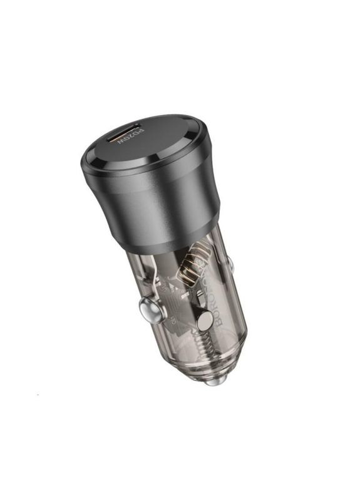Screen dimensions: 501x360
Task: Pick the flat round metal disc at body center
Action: point(205,320)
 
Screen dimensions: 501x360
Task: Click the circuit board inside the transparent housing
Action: point(175,294)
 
